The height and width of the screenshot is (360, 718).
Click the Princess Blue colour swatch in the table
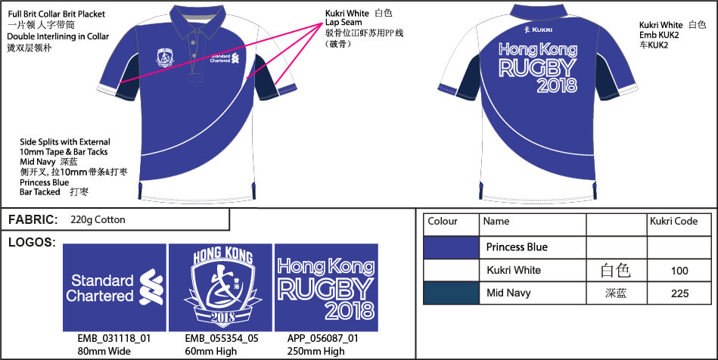[x=452, y=247]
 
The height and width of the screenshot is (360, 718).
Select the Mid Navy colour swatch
[x=452, y=293]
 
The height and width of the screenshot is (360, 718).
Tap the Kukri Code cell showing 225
[x=679, y=293]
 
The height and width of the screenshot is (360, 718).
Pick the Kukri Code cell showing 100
[x=679, y=271]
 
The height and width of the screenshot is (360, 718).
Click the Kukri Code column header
[x=673, y=222]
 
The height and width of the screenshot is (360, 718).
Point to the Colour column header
[x=443, y=222]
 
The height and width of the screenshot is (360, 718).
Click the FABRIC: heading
[x=33, y=220]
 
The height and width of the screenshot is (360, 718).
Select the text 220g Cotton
[x=98, y=220]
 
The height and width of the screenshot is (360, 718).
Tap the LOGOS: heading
[x=32, y=242]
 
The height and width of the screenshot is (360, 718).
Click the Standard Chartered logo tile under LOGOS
[x=114, y=287]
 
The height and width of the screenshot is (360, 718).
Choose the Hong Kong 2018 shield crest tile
[x=221, y=287]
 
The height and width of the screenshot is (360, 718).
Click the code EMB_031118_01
[x=114, y=339]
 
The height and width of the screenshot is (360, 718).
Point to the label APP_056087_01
[x=323, y=339]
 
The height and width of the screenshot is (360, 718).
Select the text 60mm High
[x=210, y=351]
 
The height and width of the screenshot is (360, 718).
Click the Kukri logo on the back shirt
[x=538, y=29]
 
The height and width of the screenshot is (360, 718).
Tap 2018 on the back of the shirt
[x=557, y=85]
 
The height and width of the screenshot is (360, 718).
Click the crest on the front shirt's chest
[x=165, y=57]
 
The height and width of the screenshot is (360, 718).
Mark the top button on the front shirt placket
[x=193, y=44]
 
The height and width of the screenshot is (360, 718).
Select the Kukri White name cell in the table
[x=513, y=270]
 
